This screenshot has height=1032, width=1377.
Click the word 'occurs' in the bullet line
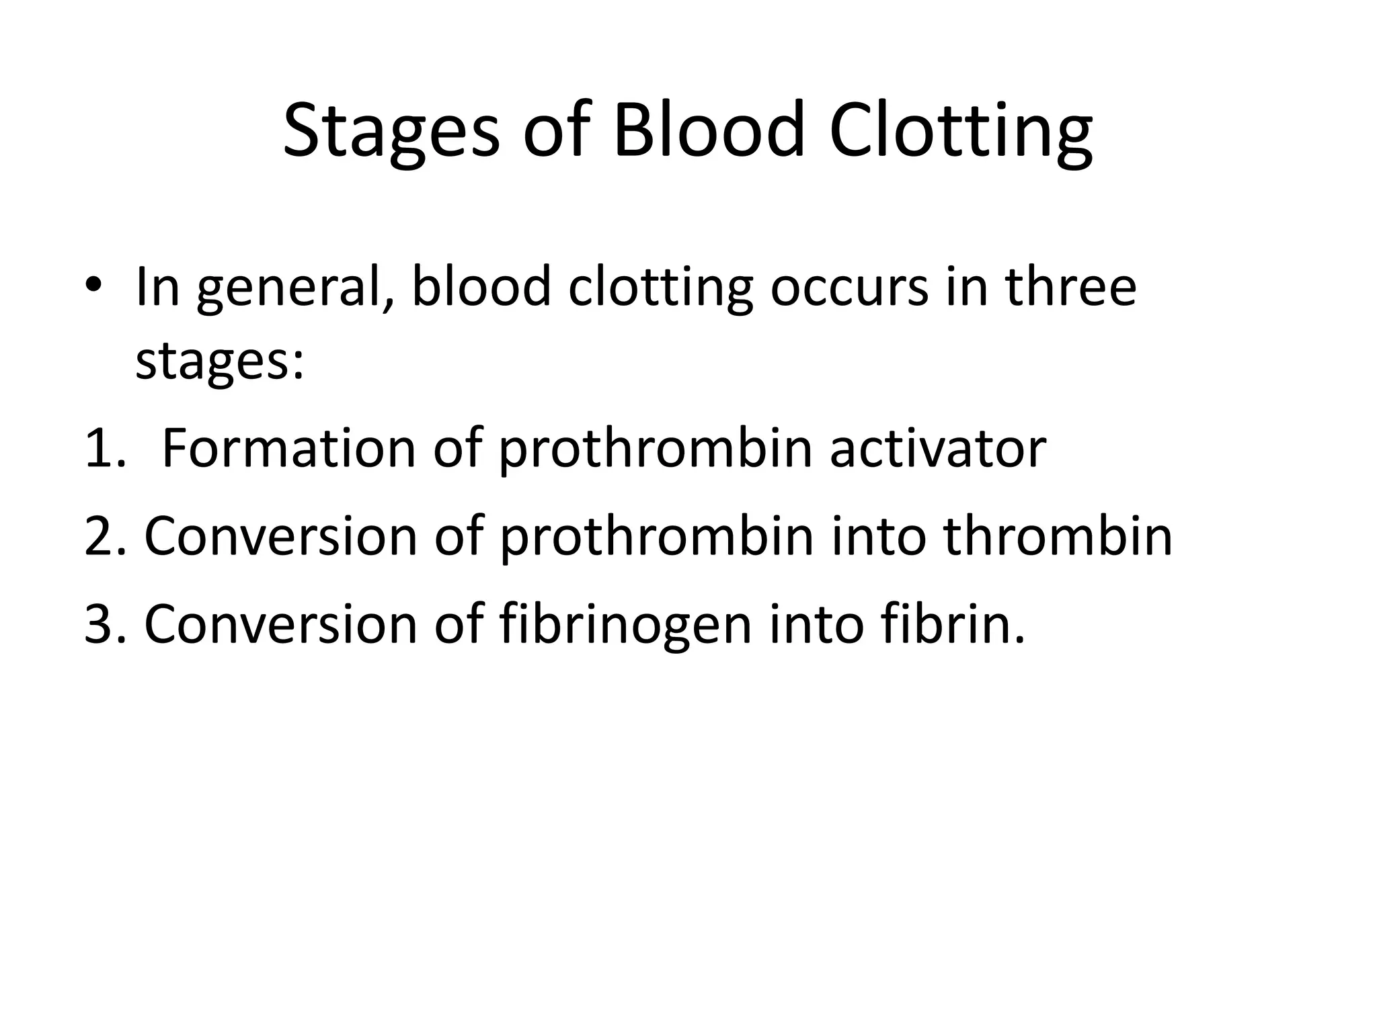[849, 288]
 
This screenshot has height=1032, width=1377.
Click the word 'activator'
[938, 449]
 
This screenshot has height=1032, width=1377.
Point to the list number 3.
[105, 623]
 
